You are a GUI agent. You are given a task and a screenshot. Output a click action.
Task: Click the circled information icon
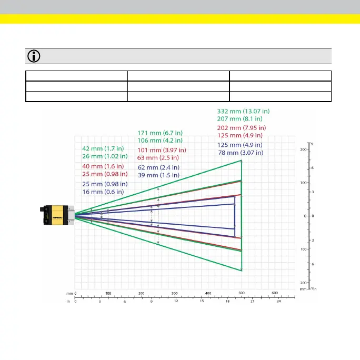pyautogui.click(x=34, y=56)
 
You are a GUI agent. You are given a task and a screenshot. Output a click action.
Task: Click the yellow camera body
pyautogui.click(x=57, y=215)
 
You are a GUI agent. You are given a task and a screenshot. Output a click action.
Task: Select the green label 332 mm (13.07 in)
pyautogui.click(x=243, y=112)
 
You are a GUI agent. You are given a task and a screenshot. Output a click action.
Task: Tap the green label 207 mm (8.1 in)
pyautogui.click(x=239, y=119)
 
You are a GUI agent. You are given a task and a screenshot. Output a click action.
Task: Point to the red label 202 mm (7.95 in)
pyautogui.click(x=242, y=128)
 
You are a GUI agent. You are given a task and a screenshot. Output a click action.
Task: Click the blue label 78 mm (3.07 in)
pyautogui.click(x=241, y=153)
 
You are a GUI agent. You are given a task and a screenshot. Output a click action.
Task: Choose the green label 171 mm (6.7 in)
pyautogui.click(x=160, y=133)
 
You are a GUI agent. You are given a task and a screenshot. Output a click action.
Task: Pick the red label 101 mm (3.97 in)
pyautogui.click(x=162, y=150)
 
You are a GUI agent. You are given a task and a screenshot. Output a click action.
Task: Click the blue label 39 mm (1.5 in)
pyautogui.click(x=158, y=175)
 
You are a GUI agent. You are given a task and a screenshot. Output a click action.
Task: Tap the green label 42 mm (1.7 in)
pyautogui.click(x=103, y=148)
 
